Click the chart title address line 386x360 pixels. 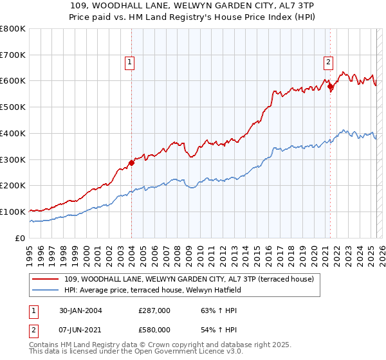click(x=193, y=6)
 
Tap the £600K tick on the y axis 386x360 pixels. click(x=13, y=81)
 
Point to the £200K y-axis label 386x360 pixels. click(x=13, y=186)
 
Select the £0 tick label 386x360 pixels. click(x=21, y=238)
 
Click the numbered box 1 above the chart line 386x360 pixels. click(x=130, y=62)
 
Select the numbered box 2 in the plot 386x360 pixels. click(x=328, y=62)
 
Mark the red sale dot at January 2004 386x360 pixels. click(x=132, y=163)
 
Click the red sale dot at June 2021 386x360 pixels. click(x=330, y=85)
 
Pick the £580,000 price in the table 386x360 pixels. click(x=154, y=329)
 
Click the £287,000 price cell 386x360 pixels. click(x=154, y=310)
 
